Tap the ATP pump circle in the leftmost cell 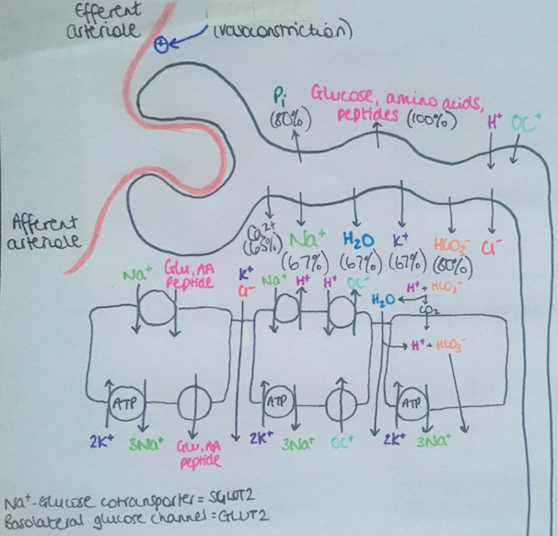(x=122, y=402)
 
